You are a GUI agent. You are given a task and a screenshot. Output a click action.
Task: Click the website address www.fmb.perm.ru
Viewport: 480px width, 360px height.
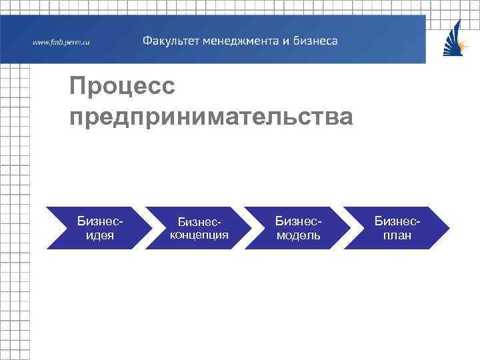tap(61, 42)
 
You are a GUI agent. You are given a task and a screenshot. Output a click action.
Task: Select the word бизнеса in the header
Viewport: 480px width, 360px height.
tap(315, 41)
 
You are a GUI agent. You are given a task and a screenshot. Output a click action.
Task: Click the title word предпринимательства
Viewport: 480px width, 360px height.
tap(211, 117)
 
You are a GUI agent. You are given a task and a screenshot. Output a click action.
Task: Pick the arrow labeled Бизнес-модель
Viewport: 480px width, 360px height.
tap(297, 227)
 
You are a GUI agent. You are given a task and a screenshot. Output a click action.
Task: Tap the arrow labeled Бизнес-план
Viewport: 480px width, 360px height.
tap(397, 227)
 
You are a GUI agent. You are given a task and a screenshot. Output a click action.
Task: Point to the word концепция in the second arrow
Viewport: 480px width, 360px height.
tap(199, 235)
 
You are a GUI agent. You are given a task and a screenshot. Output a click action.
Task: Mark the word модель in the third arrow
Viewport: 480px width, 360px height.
tap(298, 235)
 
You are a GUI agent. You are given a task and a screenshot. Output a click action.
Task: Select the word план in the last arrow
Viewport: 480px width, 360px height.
tap(397, 235)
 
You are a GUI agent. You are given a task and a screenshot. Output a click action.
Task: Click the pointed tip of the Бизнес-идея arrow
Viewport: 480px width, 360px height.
tap(151, 227)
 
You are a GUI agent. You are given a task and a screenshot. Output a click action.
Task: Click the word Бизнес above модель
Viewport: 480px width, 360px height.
tap(298, 219)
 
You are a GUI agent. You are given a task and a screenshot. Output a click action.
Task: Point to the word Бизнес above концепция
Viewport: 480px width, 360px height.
tap(198, 221)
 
